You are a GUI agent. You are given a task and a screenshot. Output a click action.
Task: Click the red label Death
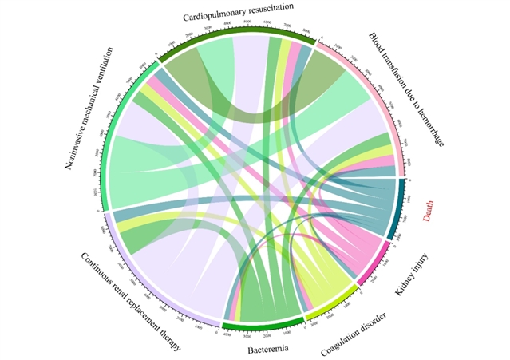[429, 210]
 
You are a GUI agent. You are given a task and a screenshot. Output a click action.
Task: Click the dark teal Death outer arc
[400, 208]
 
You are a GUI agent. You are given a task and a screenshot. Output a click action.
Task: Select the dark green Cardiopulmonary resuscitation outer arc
[239, 37]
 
